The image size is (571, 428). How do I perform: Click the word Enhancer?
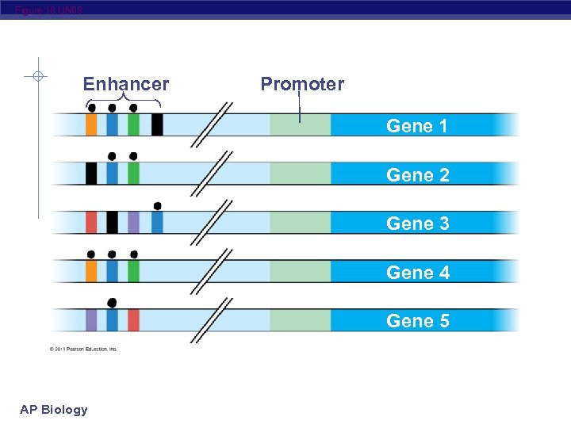[126, 84]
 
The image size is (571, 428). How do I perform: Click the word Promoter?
[302, 84]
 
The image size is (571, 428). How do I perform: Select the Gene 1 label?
[417, 125]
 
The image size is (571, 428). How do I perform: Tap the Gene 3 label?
[417, 224]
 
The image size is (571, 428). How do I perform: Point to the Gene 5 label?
[417, 321]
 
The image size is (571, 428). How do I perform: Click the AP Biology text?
[54, 409]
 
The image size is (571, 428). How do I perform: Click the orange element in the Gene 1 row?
[91, 124]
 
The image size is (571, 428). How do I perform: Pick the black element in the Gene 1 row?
[157, 124]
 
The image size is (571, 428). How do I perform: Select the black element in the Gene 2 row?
[91, 174]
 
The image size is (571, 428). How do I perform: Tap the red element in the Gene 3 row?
[91, 222]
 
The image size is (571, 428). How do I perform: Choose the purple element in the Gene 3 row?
[133, 222]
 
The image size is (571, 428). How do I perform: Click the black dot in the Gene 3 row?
[157, 206]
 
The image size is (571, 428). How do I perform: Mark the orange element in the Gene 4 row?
[91, 271]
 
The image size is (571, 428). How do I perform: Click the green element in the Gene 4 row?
[133, 271]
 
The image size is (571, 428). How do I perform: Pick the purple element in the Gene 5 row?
[91, 320]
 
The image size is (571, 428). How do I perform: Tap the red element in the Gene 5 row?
[133, 320]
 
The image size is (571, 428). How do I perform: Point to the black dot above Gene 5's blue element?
[112, 303]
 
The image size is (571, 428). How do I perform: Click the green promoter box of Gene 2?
[300, 174]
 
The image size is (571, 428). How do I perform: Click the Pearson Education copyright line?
[83, 349]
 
